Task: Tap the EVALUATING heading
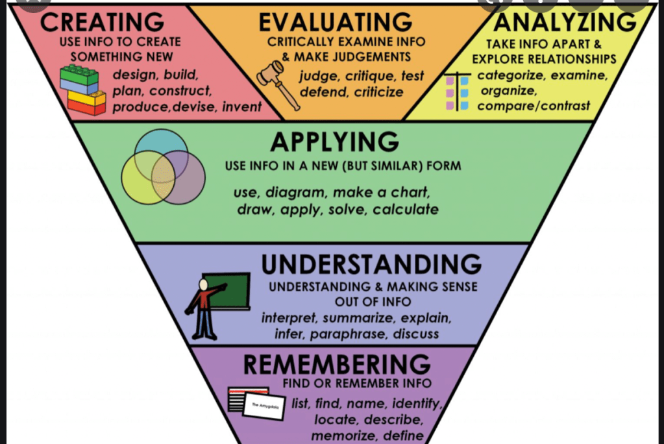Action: coord(335,22)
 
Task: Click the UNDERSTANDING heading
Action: coord(371,265)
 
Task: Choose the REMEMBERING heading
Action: coord(336,364)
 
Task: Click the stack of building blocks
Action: coord(82,90)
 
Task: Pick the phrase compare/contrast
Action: coord(534,105)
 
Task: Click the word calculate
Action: coord(405,209)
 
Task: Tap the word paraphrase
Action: coord(347,334)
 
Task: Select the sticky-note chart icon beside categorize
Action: coord(456,91)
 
